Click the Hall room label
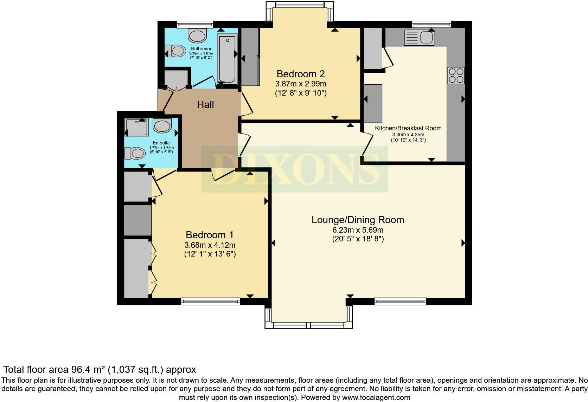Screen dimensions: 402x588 click(x=205, y=104)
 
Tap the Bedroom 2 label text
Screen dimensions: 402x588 click(x=300, y=74)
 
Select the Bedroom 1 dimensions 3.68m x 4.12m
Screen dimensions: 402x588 click(x=210, y=245)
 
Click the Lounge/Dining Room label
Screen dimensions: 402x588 click(x=358, y=220)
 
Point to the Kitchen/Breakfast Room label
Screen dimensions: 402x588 click(x=408, y=128)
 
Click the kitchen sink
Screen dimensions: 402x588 click(x=419, y=37)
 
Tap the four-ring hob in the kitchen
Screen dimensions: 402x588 click(x=456, y=75)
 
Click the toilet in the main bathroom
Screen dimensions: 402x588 click(x=175, y=51)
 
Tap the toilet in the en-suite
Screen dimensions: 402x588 click(x=135, y=154)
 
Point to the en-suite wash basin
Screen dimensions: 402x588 click(x=162, y=126)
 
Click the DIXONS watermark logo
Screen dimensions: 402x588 click(x=294, y=169)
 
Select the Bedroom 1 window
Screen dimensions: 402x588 click(x=211, y=301)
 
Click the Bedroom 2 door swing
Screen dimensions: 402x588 click(x=247, y=104)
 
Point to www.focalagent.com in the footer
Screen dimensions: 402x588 click(x=376, y=397)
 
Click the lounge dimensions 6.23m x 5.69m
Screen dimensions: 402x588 click(x=358, y=230)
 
